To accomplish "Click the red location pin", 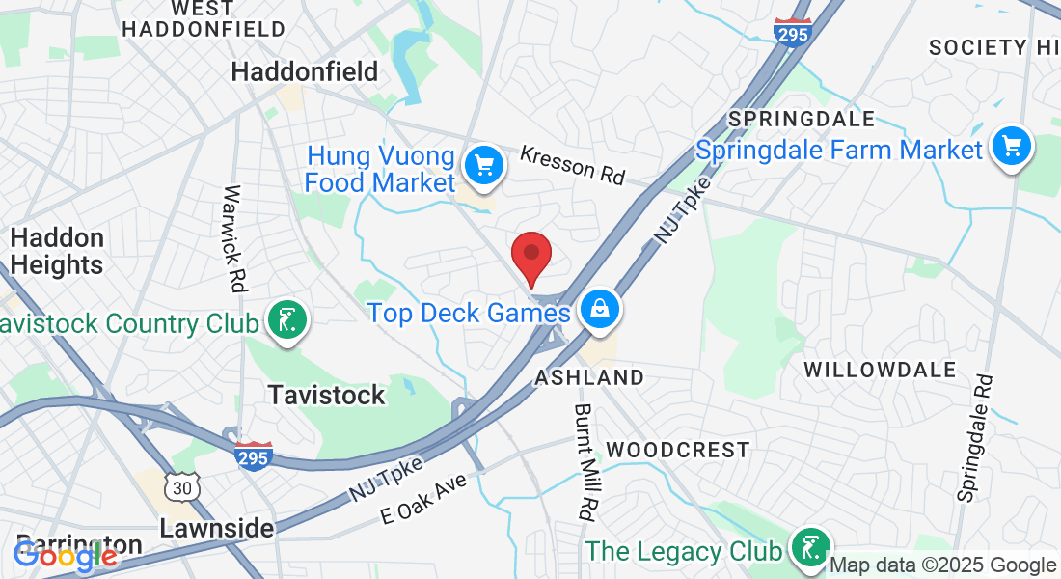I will (x=530, y=255).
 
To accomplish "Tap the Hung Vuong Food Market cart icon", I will (x=484, y=165).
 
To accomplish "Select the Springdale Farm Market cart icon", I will (x=1011, y=147).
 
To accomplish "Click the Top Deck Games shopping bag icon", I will (x=600, y=309).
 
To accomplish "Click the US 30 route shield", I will (x=181, y=487).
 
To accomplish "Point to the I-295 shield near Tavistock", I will (x=253, y=454).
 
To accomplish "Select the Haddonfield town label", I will (x=305, y=71).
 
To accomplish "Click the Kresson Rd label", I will (x=572, y=164).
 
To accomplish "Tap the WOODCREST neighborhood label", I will (x=678, y=450).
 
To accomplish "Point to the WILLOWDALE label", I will (x=880, y=370).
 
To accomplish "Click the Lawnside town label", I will (x=216, y=528).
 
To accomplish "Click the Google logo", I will (x=66, y=555).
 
